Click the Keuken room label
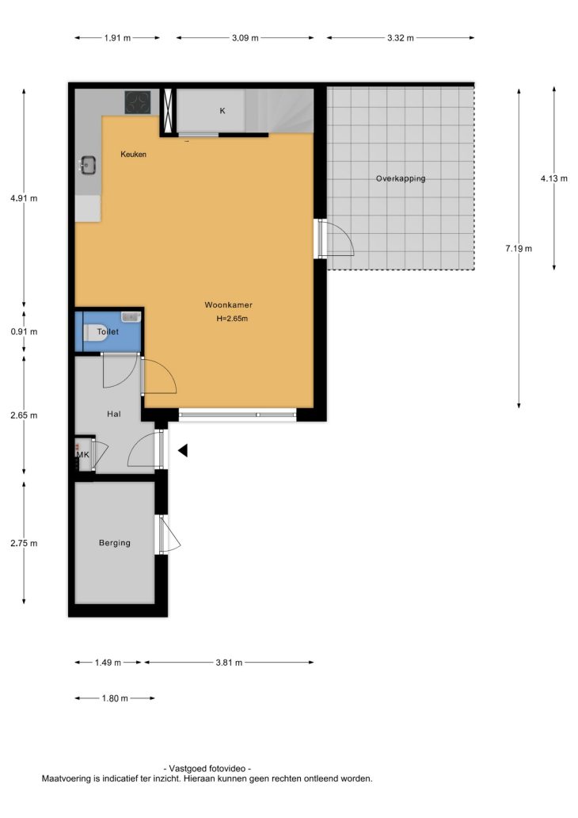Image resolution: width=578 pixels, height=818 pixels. tap(134, 155)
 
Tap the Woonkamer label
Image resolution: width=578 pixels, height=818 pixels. tap(228, 305)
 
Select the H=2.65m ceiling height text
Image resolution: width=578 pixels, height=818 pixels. tap(232, 319)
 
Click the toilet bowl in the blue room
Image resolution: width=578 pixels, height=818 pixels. tap(95, 332)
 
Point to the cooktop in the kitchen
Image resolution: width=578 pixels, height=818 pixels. tap(138, 102)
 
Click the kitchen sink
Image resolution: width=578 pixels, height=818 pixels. tap(88, 166)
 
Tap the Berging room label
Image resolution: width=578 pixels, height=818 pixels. tap(115, 543)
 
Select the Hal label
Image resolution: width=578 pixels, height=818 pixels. tap(113, 415)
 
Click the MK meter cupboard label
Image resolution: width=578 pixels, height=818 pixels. tap(83, 455)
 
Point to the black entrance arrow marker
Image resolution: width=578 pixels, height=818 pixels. tap(183, 450)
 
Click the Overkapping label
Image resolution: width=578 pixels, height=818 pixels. tap(401, 178)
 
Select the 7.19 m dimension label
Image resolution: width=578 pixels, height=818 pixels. tap(519, 249)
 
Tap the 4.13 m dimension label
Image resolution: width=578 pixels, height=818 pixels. tap(554, 178)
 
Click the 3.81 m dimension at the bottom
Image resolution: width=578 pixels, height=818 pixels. tap(229, 663)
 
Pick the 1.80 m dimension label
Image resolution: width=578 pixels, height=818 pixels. tap(115, 698)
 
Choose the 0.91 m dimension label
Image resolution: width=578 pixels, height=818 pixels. tap(24, 332)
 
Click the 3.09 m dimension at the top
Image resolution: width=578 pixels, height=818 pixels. tap(245, 38)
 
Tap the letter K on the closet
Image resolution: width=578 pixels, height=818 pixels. tap(222, 111)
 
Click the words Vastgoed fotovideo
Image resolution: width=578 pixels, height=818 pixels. tap(207, 768)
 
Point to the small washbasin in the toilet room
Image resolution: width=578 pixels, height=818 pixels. tap(131, 317)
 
